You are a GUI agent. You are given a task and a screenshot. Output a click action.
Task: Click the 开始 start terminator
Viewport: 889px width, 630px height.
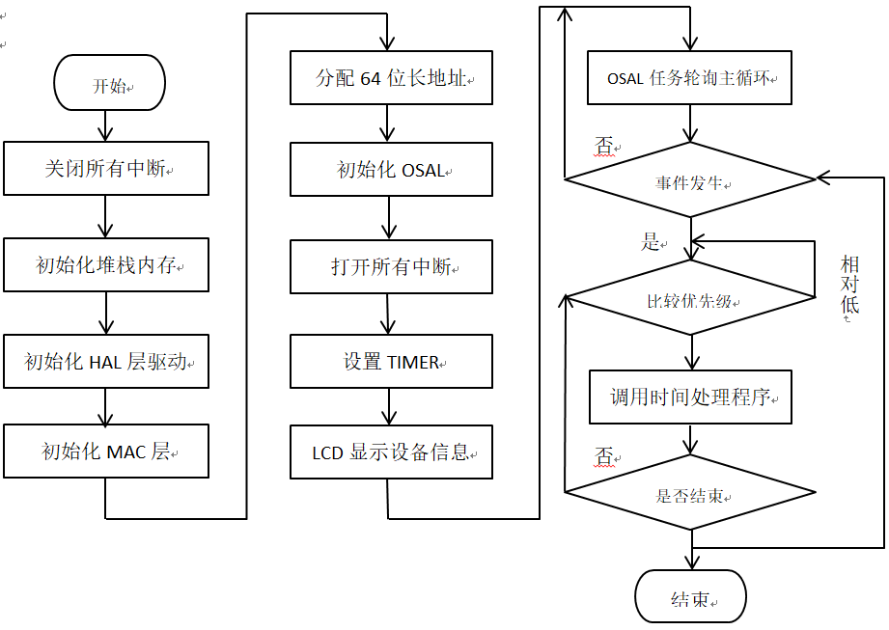coord(110,85)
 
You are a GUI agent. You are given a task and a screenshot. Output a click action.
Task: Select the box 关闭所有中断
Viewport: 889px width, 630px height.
coord(106,168)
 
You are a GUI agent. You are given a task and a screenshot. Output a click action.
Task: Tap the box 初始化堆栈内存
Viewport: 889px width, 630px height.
coord(106,264)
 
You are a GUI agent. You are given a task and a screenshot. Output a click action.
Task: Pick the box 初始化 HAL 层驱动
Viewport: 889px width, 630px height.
coord(106,361)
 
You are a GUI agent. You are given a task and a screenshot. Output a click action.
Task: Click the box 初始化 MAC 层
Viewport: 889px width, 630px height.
coord(106,451)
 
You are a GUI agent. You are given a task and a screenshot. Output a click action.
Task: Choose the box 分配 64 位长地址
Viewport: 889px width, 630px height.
coord(391,78)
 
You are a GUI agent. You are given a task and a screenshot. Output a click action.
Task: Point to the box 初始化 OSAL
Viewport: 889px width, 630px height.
coord(391,170)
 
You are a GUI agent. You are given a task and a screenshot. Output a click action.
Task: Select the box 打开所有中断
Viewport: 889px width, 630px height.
coord(391,266)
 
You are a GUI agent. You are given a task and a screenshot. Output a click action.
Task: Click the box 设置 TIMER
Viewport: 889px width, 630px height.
coord(391,362)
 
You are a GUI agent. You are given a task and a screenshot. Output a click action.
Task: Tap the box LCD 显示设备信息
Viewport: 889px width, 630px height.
coord(391,452)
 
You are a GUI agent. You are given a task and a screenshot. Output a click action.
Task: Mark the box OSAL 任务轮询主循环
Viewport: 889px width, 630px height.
coord(690,78)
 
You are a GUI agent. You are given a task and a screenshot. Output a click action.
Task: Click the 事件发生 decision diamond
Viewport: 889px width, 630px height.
coord(690,180)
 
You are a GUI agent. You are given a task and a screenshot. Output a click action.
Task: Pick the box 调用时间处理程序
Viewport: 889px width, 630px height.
coord(690,396)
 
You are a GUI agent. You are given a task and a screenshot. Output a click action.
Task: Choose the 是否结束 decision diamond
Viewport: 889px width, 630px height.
coord(690,494)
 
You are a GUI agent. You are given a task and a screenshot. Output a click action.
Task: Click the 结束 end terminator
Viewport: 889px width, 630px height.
coord(690,597)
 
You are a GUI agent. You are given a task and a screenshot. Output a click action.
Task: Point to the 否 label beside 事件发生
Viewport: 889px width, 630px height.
coord(604,147)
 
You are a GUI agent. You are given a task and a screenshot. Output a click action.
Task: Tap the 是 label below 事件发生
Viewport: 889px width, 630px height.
coord(651,241)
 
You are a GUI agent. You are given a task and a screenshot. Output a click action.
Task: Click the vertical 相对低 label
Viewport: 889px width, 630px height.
coord(849,286)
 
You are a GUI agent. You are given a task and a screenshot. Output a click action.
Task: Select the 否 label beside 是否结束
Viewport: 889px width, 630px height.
coord(604,457)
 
